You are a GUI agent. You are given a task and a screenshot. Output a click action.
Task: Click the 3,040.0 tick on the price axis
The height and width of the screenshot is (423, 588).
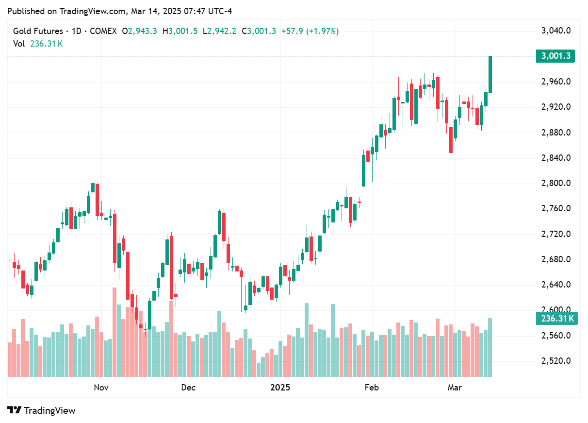click(x=555, y=31)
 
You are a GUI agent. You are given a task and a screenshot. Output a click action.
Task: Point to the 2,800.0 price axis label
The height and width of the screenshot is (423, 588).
click(x=555, y=183)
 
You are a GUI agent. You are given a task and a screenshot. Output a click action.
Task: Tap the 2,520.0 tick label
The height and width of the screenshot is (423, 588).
click(x=555, y=361)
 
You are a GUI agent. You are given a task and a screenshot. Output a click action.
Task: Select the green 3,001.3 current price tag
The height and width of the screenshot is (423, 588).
click(x=555, y=56)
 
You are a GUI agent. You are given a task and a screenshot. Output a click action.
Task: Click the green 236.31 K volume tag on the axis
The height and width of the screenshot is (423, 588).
click(x=555, y=319)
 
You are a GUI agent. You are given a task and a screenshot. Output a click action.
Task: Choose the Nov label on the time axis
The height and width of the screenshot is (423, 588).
click(x=100, y=387)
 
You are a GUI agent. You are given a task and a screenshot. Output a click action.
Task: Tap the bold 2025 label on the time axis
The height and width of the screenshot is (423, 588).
click(x=280, y=387)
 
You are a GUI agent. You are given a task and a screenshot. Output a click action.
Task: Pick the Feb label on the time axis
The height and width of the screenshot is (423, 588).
click(x=371, y=387)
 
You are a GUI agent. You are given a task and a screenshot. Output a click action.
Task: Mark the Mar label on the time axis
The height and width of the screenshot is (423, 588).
click(x=454, y=387)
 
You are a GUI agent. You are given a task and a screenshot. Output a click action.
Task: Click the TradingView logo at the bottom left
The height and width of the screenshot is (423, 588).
click(x=42, y=410)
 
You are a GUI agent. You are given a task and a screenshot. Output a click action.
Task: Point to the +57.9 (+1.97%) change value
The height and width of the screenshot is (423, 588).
click(x=310, y=31)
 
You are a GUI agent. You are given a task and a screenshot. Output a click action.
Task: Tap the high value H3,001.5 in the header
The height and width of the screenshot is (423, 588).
click(x=180, y=31)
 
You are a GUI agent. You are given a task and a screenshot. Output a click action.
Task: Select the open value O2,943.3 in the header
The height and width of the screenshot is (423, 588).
click(x=139, y=31)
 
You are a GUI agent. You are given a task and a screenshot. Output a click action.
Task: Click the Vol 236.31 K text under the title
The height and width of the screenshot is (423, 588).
click(x=38, y=44)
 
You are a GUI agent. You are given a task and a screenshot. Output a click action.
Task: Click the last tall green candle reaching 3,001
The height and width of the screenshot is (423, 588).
click(x=490, y=74)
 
